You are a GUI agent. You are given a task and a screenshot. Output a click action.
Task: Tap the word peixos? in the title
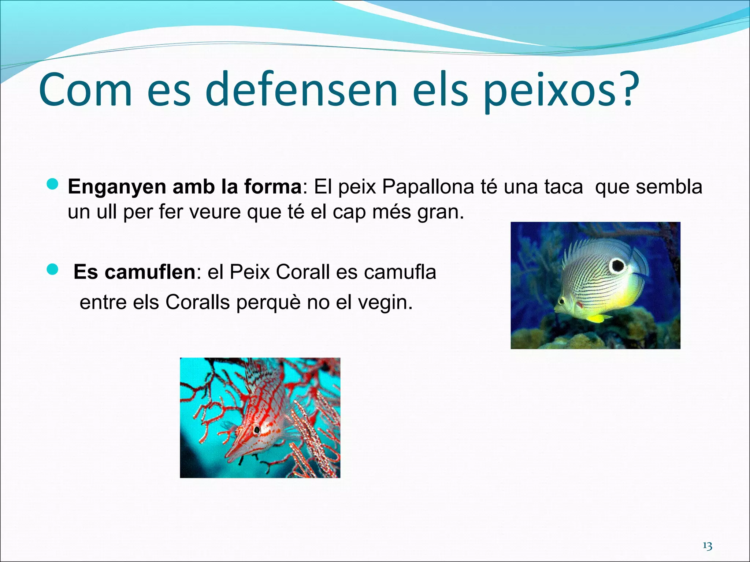560,91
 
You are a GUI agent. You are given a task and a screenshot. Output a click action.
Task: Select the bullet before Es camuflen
53,270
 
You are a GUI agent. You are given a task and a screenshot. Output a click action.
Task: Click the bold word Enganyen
117,187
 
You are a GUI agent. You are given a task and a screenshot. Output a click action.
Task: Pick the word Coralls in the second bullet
197,303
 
